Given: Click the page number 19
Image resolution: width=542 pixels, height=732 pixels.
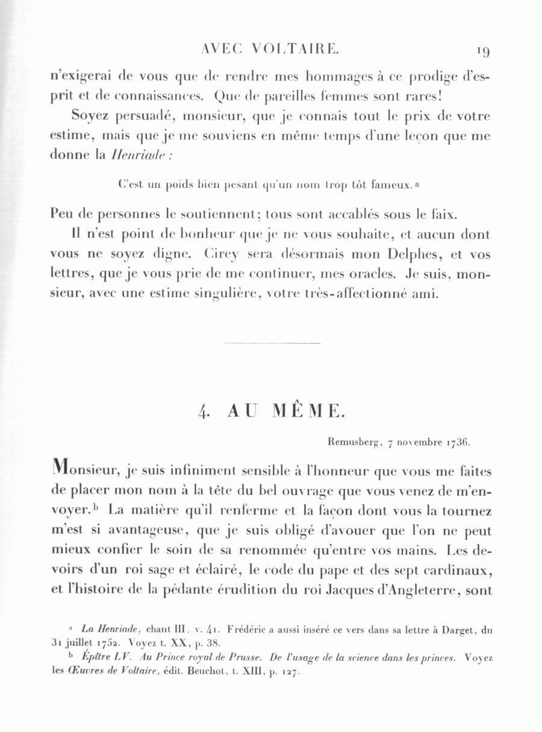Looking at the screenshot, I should tap(483, 51).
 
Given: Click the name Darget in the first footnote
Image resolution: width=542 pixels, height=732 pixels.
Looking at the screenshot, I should tap(445, 631).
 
